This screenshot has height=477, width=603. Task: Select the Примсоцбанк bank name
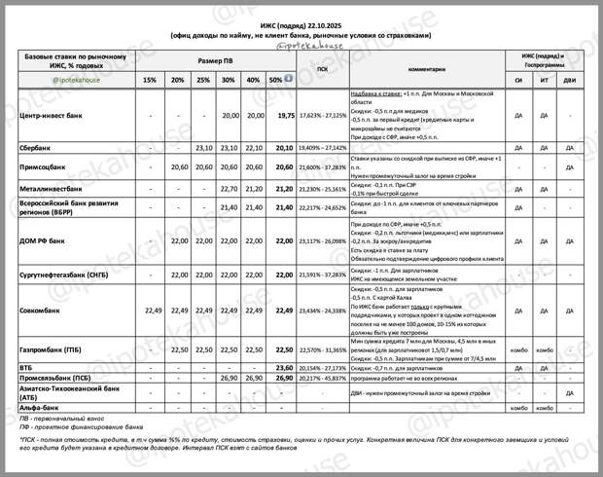coord(45,167)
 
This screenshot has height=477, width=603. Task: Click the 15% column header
coord(149,80)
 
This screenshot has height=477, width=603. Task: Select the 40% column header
coord(253,80)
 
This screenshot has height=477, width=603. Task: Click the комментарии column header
coord(426,69)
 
